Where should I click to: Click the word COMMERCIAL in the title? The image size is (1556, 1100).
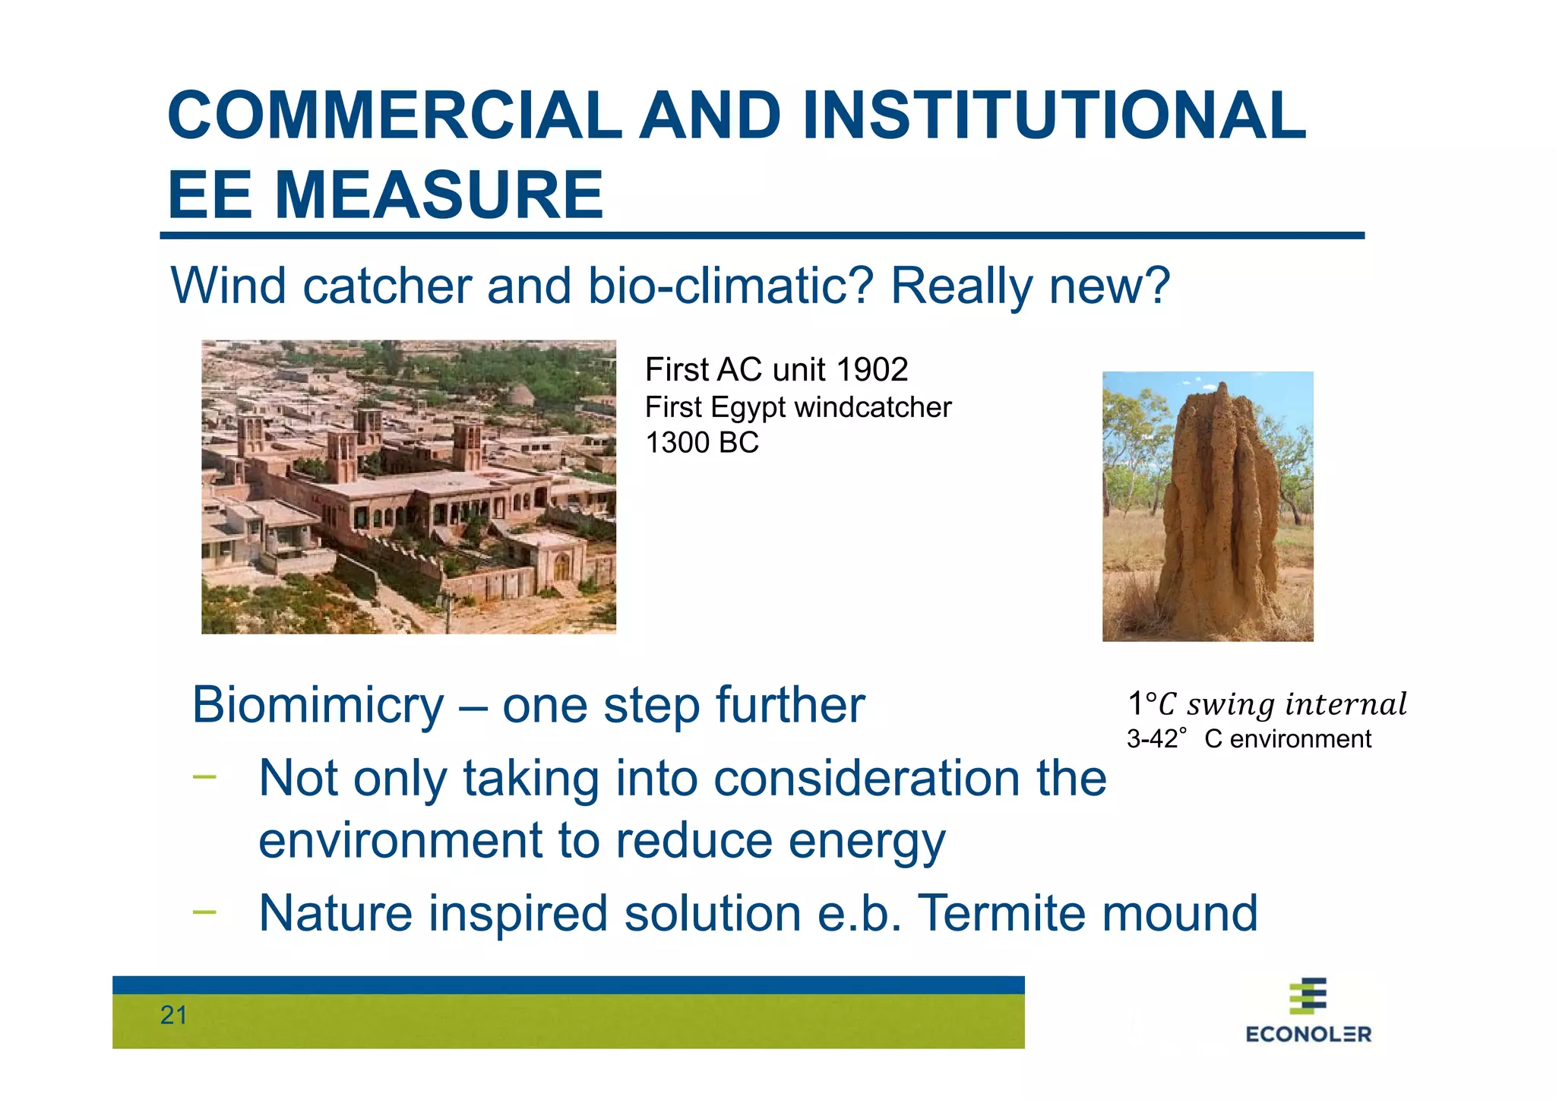click(394, 115)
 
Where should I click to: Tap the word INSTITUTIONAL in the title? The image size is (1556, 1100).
click(1054, 115)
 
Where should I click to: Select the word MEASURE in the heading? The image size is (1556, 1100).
click(438, 195)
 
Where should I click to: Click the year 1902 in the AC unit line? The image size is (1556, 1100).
click(871, 370)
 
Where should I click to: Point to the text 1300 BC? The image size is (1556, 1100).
click(701, 443)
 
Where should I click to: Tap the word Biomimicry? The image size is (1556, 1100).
click(318, 705)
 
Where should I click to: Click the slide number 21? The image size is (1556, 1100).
click(173, 1015)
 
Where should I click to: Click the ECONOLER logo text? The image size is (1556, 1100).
click(1308, 1034)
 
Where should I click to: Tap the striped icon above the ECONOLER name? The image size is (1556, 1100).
click(1308, 996)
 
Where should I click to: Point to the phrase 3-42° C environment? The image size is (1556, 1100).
click(1248, 738)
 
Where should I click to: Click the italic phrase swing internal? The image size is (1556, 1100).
click(1296, 704)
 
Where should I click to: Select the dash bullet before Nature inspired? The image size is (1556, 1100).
click(204, 911)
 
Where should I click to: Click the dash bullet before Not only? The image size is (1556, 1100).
click(204, 776)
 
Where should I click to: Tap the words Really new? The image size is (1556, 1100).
click(1029, 286)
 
